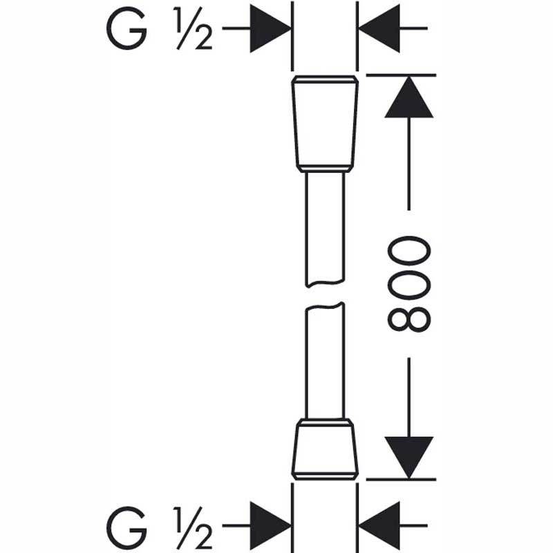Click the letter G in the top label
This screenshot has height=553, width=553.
point(126,28)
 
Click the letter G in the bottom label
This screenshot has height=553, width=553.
point(126,527)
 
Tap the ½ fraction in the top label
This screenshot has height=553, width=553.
point(193,28)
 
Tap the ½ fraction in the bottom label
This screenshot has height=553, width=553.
point(193,527)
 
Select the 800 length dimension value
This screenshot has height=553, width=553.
point(409,284)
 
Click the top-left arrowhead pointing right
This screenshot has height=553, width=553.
point(270,28)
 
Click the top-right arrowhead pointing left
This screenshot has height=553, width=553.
point(379,28)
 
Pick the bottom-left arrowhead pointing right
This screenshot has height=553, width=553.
point(270,525)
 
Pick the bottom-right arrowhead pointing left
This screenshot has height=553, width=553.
point(379,525)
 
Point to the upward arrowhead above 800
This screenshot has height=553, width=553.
point(409,97)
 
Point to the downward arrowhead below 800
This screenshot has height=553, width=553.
point(409,458)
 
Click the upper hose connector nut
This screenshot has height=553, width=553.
point(325,124)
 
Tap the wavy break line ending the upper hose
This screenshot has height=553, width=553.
point(325,283)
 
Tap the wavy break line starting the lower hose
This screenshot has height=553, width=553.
point(325,306)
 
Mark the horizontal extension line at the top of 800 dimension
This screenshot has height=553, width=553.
point(402,75)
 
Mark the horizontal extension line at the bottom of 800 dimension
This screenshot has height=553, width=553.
point(402,479)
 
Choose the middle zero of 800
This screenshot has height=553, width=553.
point(409,284)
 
